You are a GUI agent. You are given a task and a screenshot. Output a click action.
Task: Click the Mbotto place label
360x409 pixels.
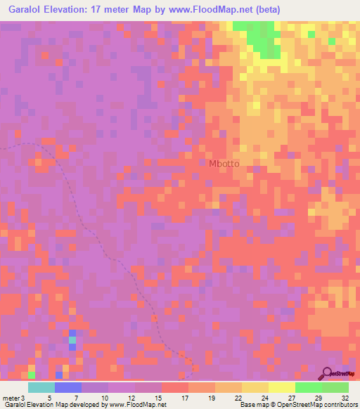[224, 164]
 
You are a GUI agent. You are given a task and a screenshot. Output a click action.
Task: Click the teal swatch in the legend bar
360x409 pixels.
[41, 387]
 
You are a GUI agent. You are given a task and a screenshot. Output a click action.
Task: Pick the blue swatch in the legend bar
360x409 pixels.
[67, 387]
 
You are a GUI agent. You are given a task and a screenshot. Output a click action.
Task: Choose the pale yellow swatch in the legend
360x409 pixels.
[281, 387]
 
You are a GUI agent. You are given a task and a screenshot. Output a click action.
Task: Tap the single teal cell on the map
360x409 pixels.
[72, 340]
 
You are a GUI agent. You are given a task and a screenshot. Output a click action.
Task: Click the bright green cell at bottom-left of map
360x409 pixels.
[31, 375]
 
